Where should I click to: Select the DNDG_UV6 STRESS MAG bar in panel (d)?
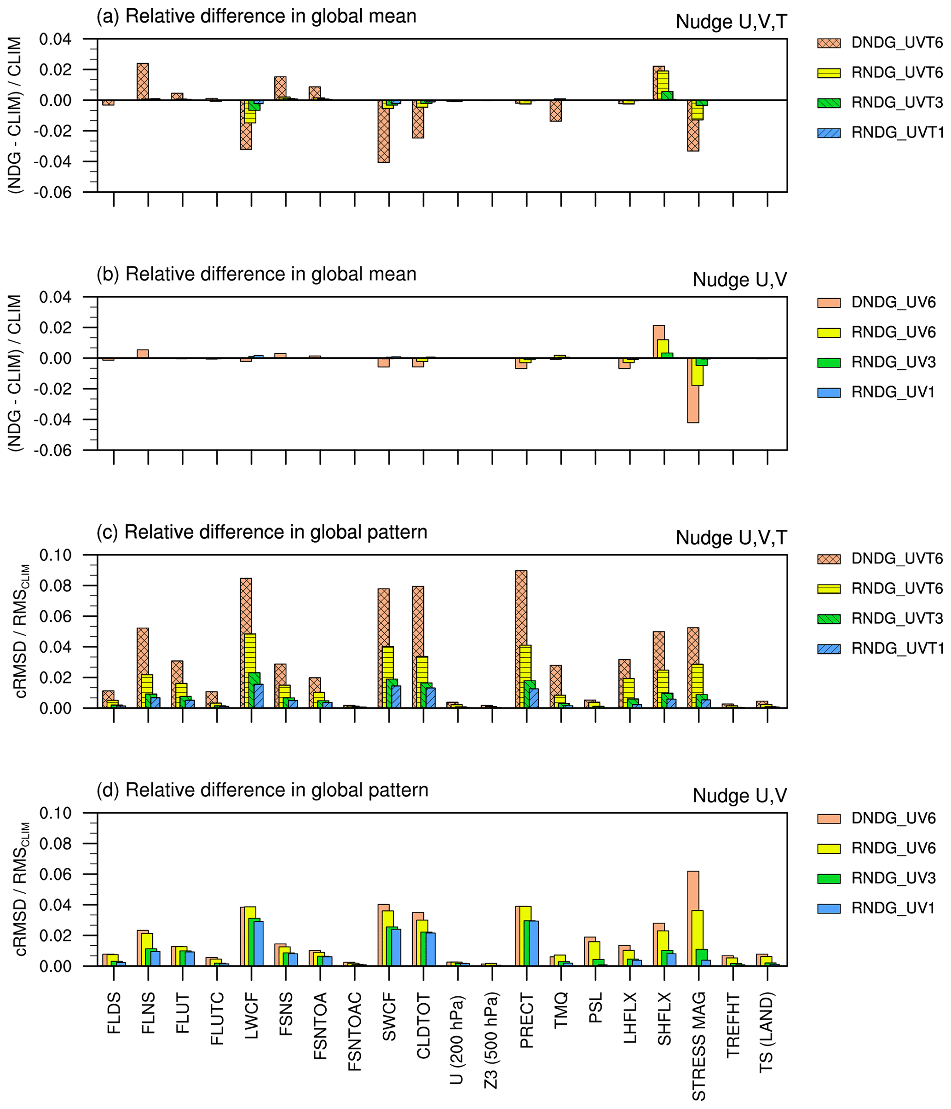click(x=693, y=919)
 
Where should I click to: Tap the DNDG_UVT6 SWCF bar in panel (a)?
click(x=383, y=131)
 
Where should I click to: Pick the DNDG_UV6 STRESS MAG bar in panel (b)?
click(x=693, y=390)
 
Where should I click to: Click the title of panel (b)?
click(x=256, y=274)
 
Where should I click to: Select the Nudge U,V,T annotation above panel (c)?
click(x=731, y=538)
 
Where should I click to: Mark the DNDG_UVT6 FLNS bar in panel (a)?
click(x=143, y=81)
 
